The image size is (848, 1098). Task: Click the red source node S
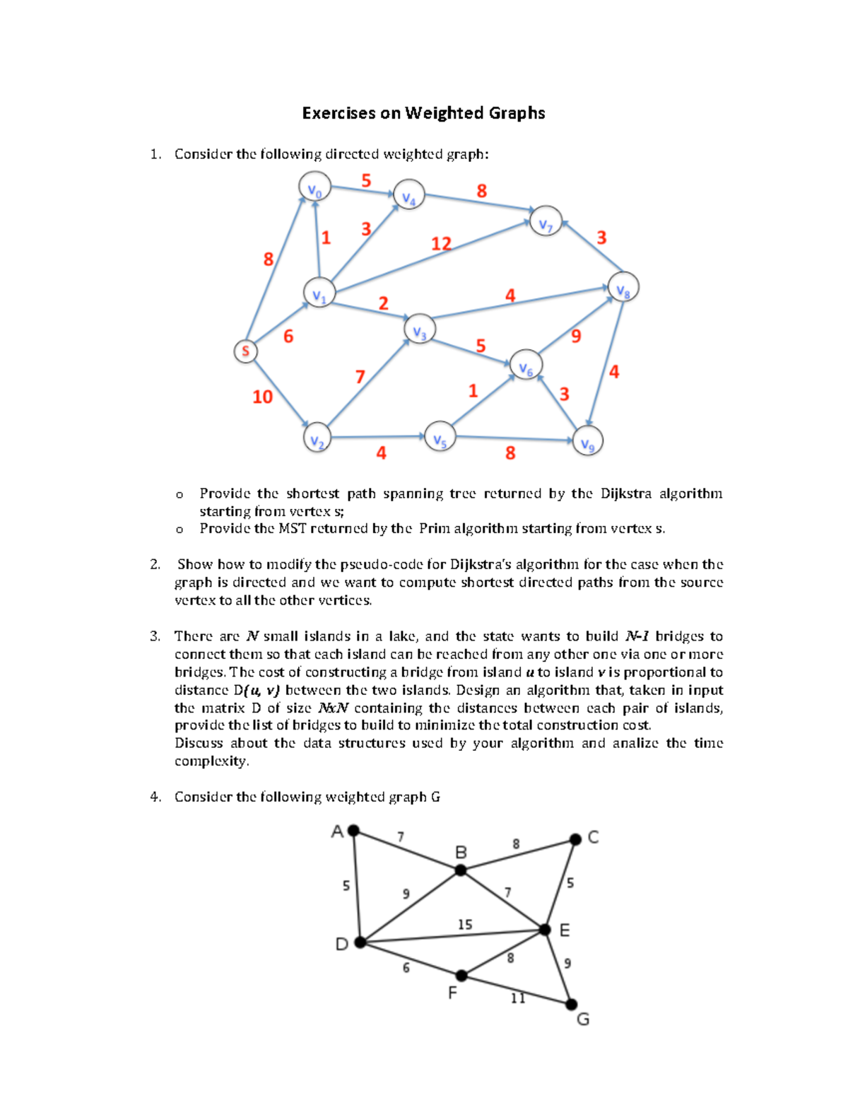[245, 351]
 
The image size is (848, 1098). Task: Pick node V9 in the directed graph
[587, 441]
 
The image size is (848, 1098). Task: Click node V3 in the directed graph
[420, 329]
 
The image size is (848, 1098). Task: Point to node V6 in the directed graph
[526, 366]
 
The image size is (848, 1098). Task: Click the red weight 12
[441, 244]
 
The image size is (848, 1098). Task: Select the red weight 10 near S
[262, 397]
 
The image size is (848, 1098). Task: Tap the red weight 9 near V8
[576, 337]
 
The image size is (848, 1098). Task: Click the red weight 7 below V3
[360, 377]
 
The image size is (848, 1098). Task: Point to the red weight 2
[383, 304]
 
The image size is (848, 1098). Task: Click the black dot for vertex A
[354, 831]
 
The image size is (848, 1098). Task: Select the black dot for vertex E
[545, 930]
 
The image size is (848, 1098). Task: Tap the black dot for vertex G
[572, 1005]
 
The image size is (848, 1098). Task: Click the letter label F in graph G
[453, 993]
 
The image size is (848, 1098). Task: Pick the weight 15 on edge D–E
[464, 925]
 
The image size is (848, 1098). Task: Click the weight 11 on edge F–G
[518, 998]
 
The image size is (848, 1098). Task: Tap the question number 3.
[155, 636]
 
